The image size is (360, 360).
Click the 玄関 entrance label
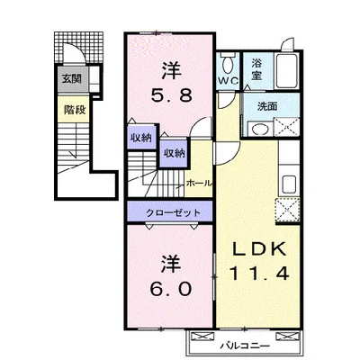[x=72, y=79]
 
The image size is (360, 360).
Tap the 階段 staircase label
[x=75, y=110]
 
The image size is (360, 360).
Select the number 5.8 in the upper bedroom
[x=171, y=95]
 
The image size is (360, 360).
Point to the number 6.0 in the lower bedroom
[x=171, y=289]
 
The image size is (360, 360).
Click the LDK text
[x=258, y=249]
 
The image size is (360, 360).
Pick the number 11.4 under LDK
[x=258, y=273]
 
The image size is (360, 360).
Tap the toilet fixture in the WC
[x=228, y=62]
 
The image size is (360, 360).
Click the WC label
[x=228, y=80]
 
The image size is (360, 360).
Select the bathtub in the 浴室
[x=286, y=70]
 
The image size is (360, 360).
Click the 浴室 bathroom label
[x=256, y=69]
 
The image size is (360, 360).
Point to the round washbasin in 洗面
[x=259, y=130]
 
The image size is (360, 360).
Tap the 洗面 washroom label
[x=267, y=106]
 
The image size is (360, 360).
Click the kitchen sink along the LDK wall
[x=290, y=184]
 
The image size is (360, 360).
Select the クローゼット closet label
[x=173, y=212]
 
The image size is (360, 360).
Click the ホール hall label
[x=199, y=183]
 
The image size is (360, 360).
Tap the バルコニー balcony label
[x=245, y=346]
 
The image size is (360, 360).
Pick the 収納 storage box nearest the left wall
[x=141, y=137]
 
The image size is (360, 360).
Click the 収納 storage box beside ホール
[x=174, y=152]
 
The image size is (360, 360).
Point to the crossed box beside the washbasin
[x=286, y=127]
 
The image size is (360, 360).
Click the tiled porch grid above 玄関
[x=78, y=48]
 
